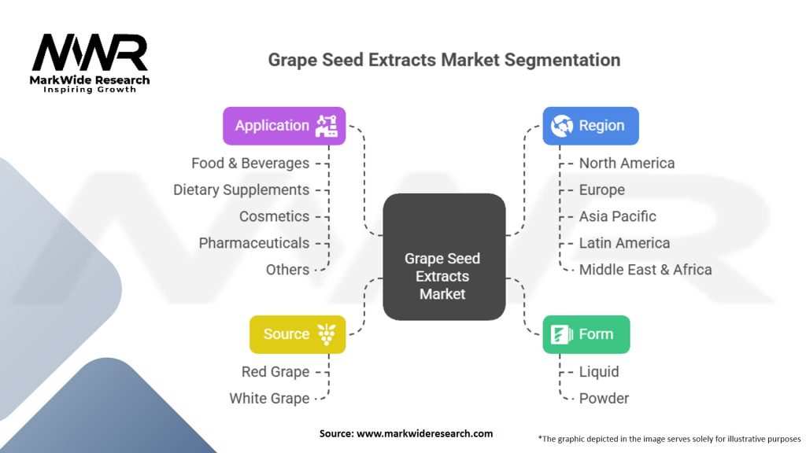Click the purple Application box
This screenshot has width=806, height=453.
(284, 126)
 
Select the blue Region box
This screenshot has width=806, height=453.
(590, 126)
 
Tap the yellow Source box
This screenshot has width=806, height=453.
(298, 334)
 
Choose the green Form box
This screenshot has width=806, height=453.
(586, 334)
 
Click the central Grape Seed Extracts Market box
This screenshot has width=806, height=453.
(443, 256)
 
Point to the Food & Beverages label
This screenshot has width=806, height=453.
(250, 164)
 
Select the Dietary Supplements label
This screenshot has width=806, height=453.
(241, 190)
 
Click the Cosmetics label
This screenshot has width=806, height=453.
(274, 216)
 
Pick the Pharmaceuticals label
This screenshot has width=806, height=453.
(253, 243)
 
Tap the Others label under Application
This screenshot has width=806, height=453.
(287, 270)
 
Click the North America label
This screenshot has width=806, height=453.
(627, 164)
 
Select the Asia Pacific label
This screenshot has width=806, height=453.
(617, 216)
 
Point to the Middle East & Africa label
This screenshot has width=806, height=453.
(645, 270)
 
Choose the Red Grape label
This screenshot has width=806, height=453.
(275, 372)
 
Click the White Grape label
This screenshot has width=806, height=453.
(269, 399)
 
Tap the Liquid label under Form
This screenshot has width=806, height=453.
(599, 372)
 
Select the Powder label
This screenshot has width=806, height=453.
(604, 399)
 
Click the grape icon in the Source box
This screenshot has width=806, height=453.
(326, 334)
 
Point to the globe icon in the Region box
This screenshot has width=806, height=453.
(562, 126)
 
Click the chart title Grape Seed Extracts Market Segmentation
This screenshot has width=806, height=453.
(444, 60)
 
